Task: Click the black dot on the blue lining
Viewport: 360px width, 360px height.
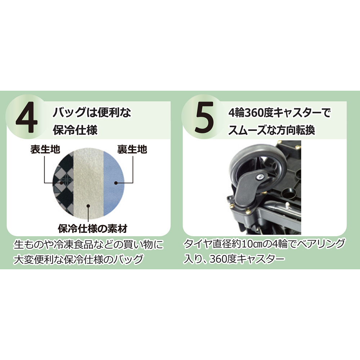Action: (116, 183)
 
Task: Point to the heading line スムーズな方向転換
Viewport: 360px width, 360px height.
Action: (271, 130)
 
